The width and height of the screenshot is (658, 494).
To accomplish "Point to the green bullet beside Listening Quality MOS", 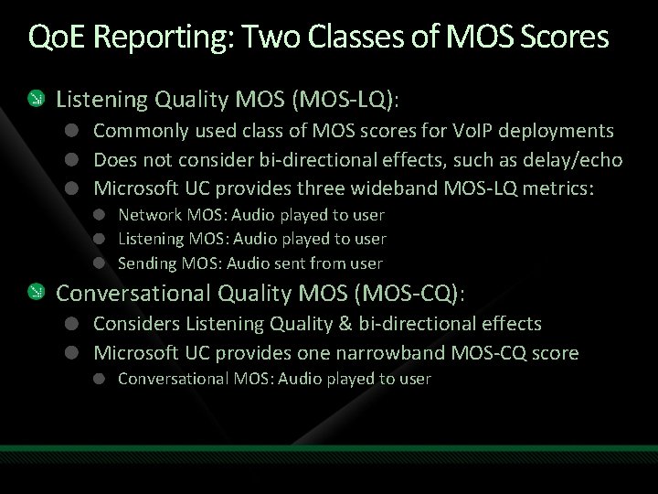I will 35,97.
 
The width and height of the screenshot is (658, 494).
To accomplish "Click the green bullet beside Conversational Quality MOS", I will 35,293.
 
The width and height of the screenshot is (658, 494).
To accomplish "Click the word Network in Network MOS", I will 148,215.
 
